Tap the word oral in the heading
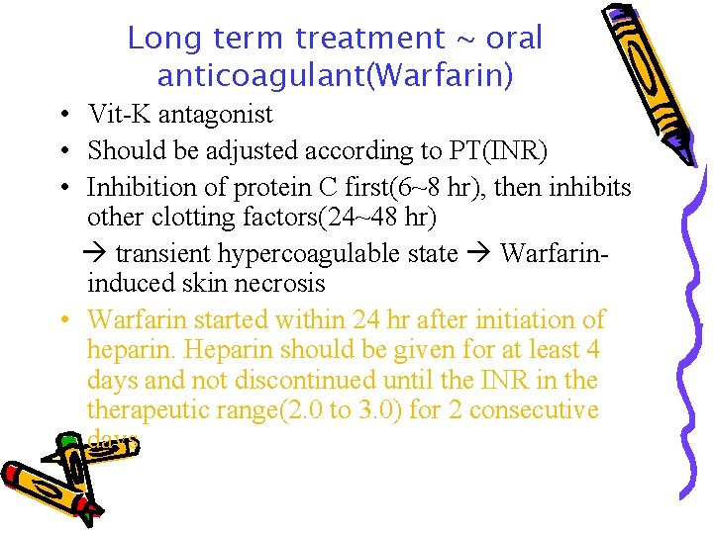514,39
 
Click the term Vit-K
117,115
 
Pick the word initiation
531,320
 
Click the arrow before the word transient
98,253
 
